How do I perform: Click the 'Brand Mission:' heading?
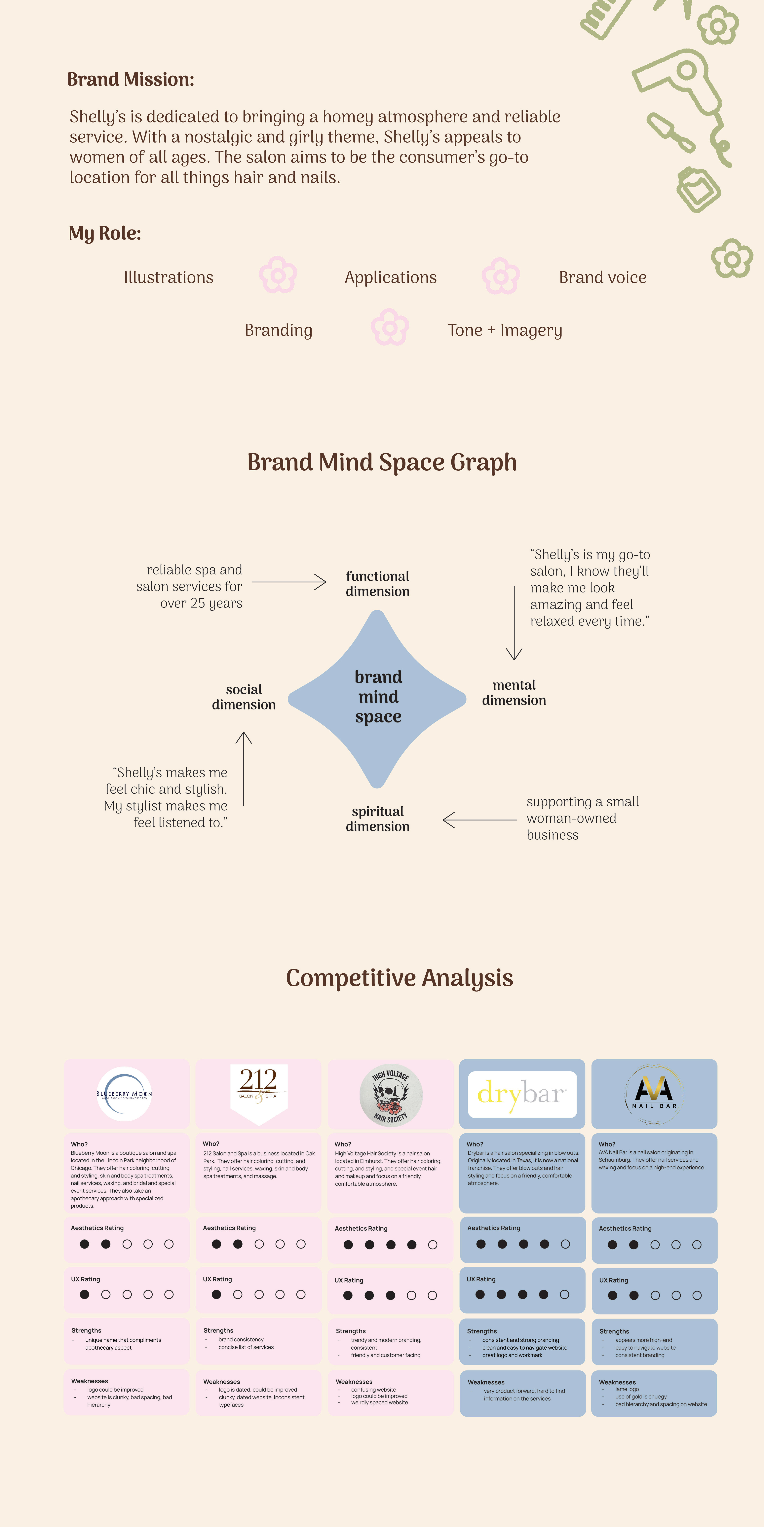(x=130, y=79)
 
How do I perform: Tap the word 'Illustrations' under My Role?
(x=168, y=277)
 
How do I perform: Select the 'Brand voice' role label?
(x=602, y=277)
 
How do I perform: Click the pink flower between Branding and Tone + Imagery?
(x=389, y=327)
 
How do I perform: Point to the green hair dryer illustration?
(x=682, y=89)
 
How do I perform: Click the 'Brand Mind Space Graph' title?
(x=382, y=462)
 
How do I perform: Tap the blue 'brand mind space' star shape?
(x=378, y=698)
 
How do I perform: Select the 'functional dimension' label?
(x=378, y=584)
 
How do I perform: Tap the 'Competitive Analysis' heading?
(x=400, y=978)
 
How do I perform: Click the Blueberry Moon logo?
(x=125, y=1094)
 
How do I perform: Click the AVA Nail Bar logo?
(x=654, y=1094)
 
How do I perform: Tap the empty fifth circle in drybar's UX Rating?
(x=564, y=1295)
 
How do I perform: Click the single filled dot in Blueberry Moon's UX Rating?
(x=85, y=1295)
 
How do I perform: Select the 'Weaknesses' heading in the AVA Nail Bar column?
(x=617, y=1382)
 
